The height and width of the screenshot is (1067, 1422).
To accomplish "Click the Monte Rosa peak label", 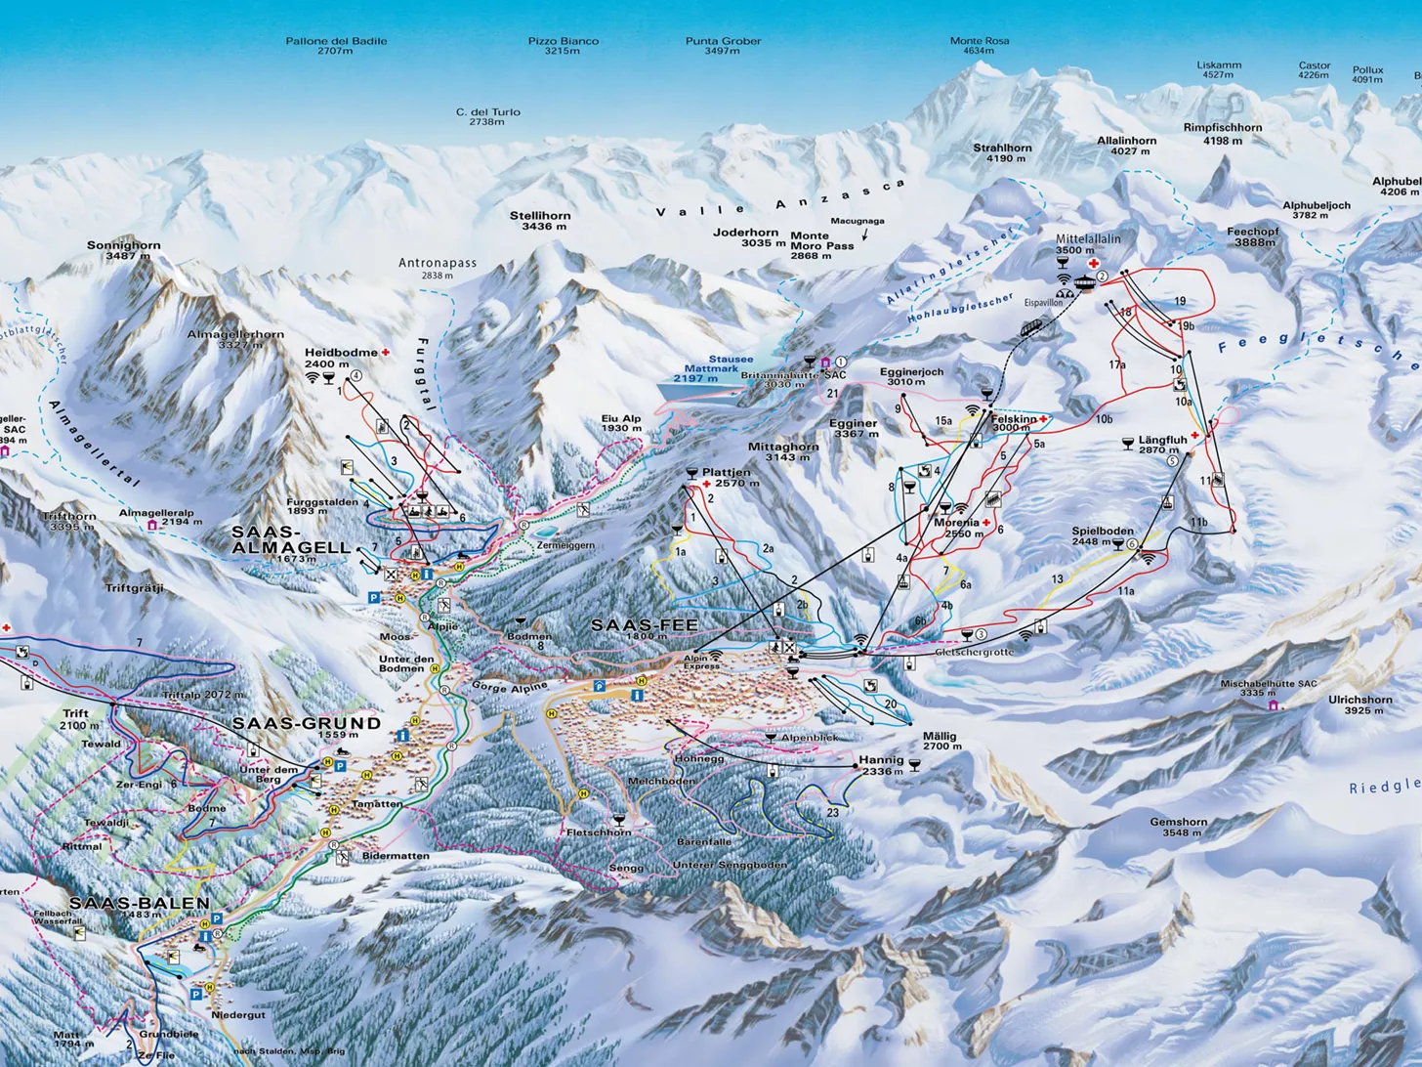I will click(980, 46).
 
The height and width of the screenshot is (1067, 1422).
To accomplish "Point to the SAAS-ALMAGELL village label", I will click(290, 540).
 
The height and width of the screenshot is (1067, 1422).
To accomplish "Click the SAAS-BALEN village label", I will click(139, 904).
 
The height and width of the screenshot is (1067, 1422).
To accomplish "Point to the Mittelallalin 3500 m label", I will click(1087, 244).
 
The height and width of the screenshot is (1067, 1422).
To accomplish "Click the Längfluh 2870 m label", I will click(1161, 445).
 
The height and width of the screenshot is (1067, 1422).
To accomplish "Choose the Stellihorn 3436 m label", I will click(540, 221).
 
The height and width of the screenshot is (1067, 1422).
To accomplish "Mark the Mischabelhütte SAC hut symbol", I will click(1272, 704).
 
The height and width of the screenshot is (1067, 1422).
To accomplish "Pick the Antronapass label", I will click(438, 269).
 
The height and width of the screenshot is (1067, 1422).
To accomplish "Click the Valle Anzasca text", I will click(780, 201).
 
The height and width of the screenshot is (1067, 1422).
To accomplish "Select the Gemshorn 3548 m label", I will click(1178, 828).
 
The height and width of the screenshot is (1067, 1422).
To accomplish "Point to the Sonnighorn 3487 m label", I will click(123, 250).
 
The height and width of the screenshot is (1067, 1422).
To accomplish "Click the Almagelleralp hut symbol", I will click(153, 526).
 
